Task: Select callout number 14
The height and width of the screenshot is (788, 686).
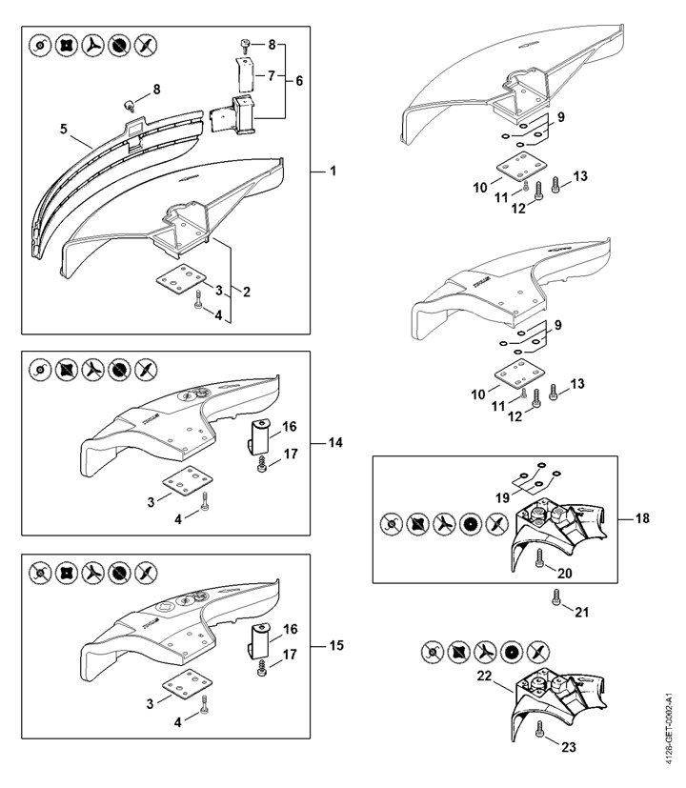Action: pos(336,443)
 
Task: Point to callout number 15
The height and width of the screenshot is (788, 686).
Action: pos(336,646)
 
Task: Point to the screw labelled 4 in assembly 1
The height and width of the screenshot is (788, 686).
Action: pos(197,301)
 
